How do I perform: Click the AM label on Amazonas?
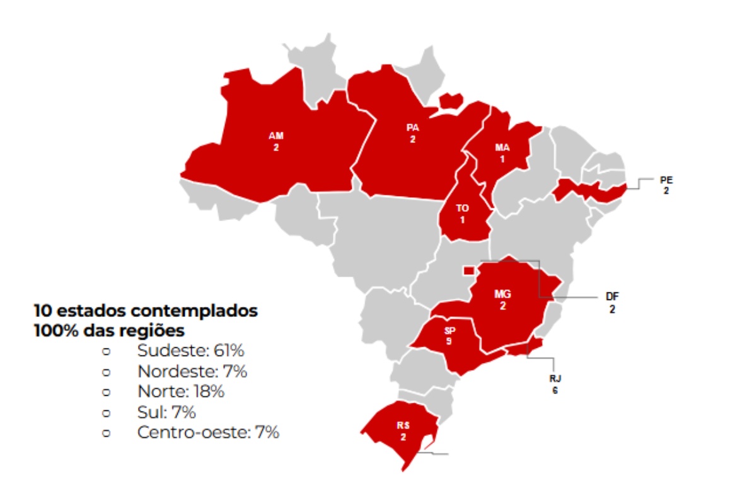(x=275, y=136)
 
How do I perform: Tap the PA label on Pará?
(x=412, y=128)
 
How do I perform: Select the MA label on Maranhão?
(x=502, y=148)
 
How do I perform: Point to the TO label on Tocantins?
(x=462, y=209)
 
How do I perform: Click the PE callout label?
(x=666, y=180)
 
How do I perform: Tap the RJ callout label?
(x=555, y=379)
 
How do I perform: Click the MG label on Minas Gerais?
(x=502, y=295)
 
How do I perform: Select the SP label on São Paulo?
(x=449, y=331)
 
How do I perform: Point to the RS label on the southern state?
(x=403, y=426)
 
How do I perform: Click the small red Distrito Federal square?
(x=468, y=270)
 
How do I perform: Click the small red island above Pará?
(x=451, y=100)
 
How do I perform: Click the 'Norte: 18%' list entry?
(x=180, y=391)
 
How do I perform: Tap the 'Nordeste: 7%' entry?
(x=192, y=371)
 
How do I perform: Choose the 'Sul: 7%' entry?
(x=166, y=412)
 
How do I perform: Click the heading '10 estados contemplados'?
(x=146, y=311)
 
